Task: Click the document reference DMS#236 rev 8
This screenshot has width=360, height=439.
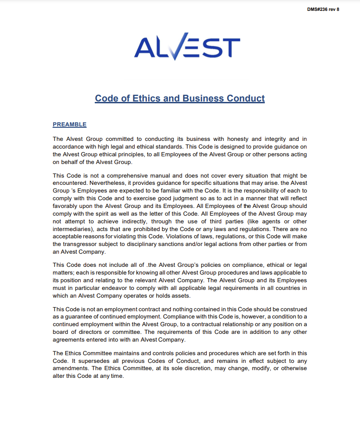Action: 323,10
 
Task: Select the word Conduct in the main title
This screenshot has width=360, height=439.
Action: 245,98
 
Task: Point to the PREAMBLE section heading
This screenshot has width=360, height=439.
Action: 69,125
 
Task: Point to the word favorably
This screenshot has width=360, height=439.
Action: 66,206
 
